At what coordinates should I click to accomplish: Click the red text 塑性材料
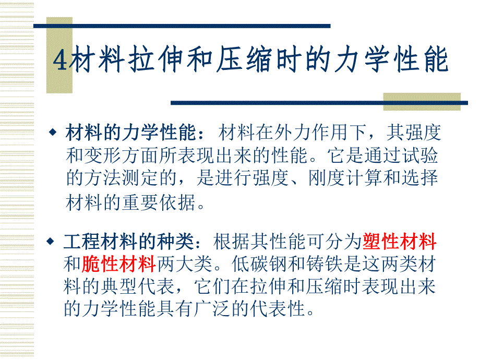pyautogui.click(x=399, y=242)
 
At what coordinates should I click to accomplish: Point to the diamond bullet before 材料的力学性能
pyautogui.click(x=52, y=133)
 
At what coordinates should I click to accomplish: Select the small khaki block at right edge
pyautogui.click(x=422, y=101)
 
